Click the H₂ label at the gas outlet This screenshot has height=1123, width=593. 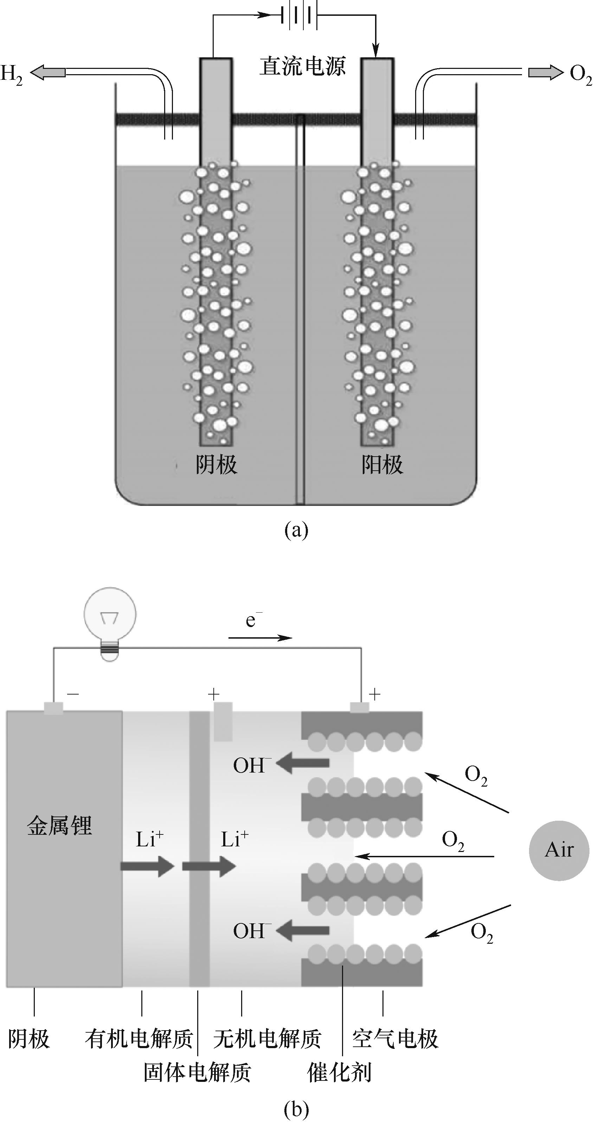click(11, 74)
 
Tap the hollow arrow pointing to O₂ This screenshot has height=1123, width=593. click(545, 72)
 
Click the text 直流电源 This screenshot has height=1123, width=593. click(303, 66)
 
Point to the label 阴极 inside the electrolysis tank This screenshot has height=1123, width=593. click(216, 465)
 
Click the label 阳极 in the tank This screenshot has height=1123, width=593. click(382, 465)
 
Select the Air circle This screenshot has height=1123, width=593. click(559, 851)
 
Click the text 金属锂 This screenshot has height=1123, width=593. click(60, 826)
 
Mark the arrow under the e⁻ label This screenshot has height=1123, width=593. click(260, 638)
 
